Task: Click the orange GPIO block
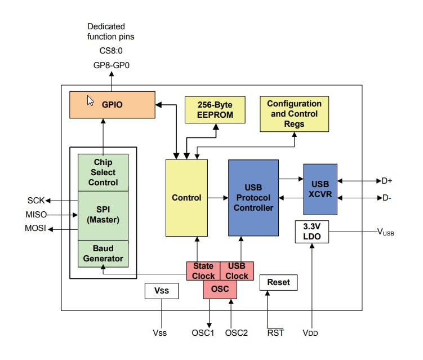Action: click(x=112, y=105)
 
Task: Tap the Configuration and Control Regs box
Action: click(x=294, y=114)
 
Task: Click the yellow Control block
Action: click(x=186, y=198)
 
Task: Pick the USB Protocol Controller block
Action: click(x=253, y=198)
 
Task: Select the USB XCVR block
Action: click(x=320, y=189)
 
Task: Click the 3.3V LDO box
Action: click(x=311, y=232)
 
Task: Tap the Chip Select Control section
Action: click(x=103, y=172)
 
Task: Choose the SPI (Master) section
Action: click(x=103, y=215)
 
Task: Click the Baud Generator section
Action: click(x=103, y=254)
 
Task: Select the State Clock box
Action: click(x=203, y=271)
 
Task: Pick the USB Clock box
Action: click(x=237, y=271)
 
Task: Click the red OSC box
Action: click(x=220, y=290)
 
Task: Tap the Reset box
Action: click(x=278, y=282)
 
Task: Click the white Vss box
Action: click(x=161, y=291)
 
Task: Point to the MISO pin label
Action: click(x=36, y=215)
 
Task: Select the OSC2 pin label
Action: click(x=236, y=332)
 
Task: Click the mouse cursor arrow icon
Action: click(x=90, y=100)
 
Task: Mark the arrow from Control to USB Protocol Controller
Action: click(x=217, y=198)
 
